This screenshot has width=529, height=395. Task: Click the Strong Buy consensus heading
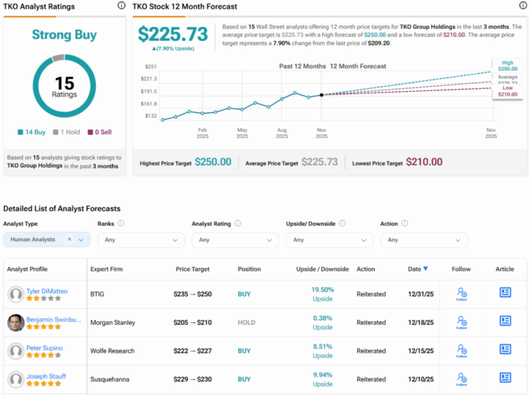[64, 35]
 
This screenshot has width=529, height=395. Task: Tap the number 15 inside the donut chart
[64, 83]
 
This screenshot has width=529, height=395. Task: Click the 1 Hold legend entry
[68, 132]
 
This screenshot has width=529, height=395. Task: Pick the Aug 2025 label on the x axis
[281, 133]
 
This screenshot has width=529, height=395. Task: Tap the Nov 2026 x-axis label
[490, 133]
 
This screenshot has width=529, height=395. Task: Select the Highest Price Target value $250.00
[213, 162]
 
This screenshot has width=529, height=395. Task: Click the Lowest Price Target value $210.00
[424, 162]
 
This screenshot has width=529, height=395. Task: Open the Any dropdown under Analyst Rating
[235, 240]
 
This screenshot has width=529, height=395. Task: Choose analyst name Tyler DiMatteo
[47, 291]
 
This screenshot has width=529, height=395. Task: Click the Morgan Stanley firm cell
[112, 323]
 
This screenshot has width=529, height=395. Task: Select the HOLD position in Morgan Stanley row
[246, 323]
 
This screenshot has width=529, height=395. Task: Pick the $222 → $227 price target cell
[192, 351]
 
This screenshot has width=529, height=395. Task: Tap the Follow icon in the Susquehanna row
[461, 378]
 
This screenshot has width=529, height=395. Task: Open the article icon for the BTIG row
[505, 293]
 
